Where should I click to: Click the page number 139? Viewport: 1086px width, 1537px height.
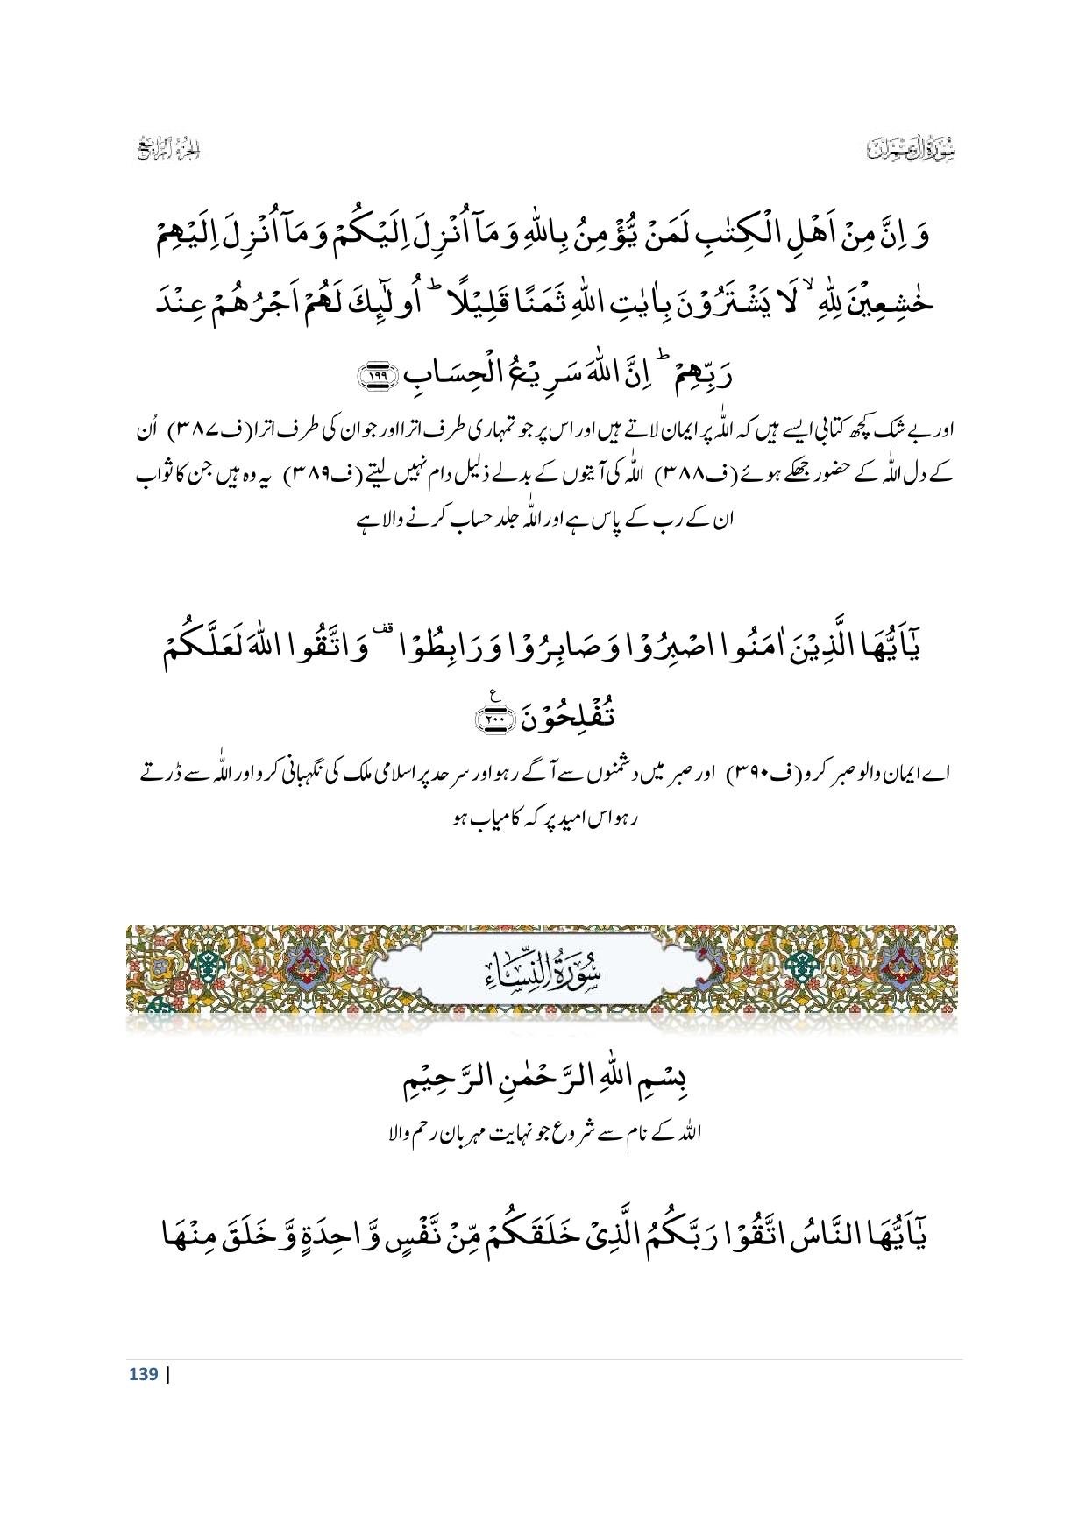pos(144,1374)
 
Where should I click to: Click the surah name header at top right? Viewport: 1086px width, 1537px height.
pos(906,149)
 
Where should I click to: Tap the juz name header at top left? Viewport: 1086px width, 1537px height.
pos(170,149)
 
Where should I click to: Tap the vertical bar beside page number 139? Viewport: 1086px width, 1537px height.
pos(167,1374)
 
